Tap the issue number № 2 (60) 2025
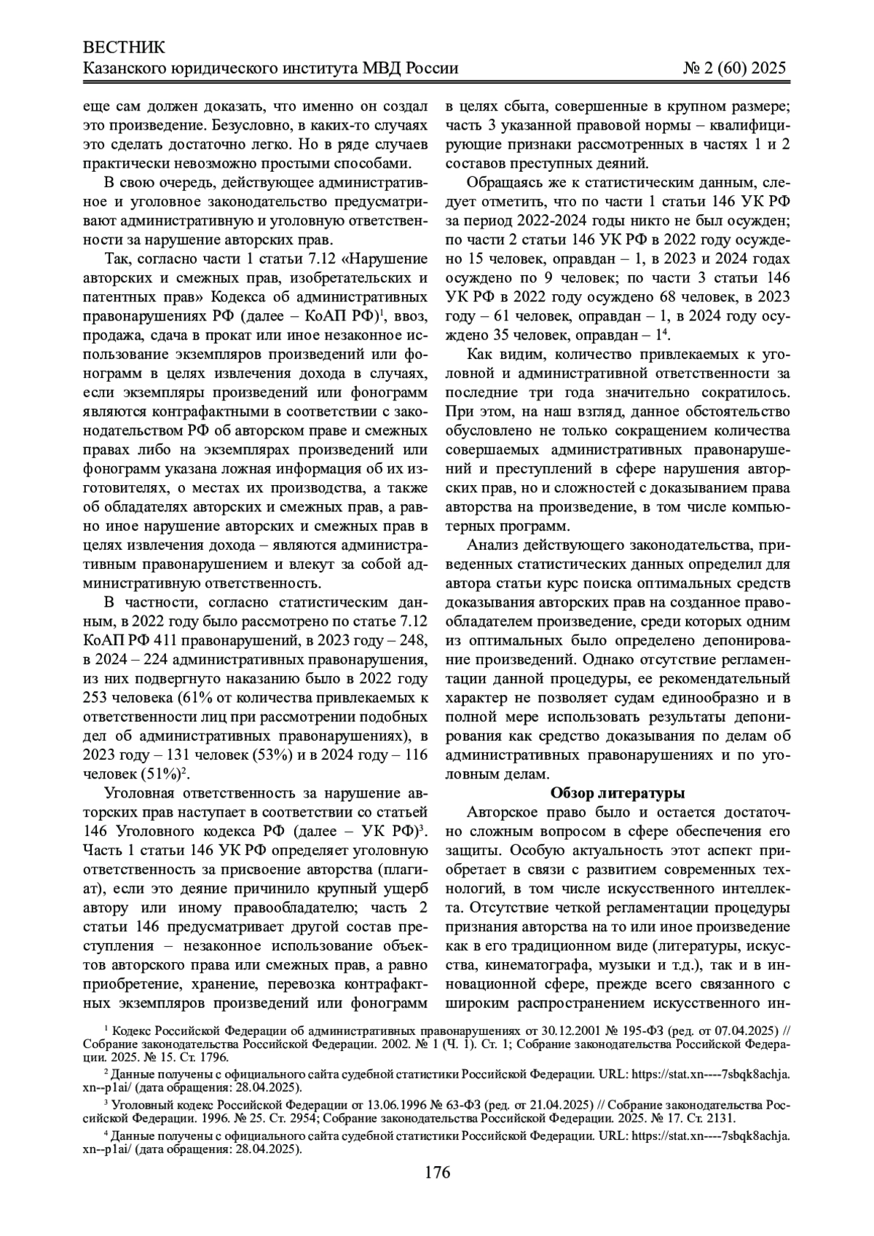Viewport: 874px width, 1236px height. coord(735,68)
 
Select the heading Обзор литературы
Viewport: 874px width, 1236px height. coord(617,792)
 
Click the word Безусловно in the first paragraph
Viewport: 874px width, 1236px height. coord(226,125)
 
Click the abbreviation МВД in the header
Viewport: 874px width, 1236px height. coord(374,68)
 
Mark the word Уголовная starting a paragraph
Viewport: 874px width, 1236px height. coord(148,792)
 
